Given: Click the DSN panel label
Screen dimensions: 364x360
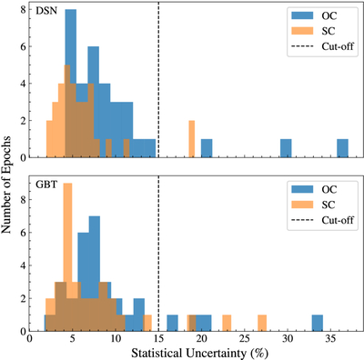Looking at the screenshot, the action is coord(46,11).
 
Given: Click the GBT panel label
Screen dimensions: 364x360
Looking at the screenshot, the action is coord(46,185).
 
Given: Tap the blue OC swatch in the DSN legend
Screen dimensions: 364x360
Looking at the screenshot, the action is coord(302,15).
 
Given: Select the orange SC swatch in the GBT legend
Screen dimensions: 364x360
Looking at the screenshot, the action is coord(302,205).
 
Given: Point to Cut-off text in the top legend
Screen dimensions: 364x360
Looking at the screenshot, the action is coord(338,46).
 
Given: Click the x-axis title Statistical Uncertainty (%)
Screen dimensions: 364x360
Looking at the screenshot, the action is coord(200,354).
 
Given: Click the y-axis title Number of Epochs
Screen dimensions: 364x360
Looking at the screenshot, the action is coord(5,185).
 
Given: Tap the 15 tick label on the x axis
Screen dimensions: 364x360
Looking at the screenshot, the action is coord(158,338).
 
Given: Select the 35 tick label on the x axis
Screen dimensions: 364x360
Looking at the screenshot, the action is coord(330,338).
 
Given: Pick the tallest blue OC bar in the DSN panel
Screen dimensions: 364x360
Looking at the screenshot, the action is coord(71,84).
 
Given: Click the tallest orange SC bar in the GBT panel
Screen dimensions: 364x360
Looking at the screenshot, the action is coord(67,257).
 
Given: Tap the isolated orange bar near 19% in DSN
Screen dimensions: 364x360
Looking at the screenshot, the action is coord(192,139).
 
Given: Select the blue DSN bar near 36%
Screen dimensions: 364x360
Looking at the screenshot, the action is coord(343,148).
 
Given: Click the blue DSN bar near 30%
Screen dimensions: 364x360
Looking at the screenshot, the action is coord(286,148).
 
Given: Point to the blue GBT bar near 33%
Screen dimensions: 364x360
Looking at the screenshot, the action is coord(318,323).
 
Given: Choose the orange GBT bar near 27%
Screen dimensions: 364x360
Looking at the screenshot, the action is coord(262,323).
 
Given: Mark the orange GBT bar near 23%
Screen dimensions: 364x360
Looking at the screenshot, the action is coord(227,323).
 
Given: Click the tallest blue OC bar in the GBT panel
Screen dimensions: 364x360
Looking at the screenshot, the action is coord(95,274).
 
